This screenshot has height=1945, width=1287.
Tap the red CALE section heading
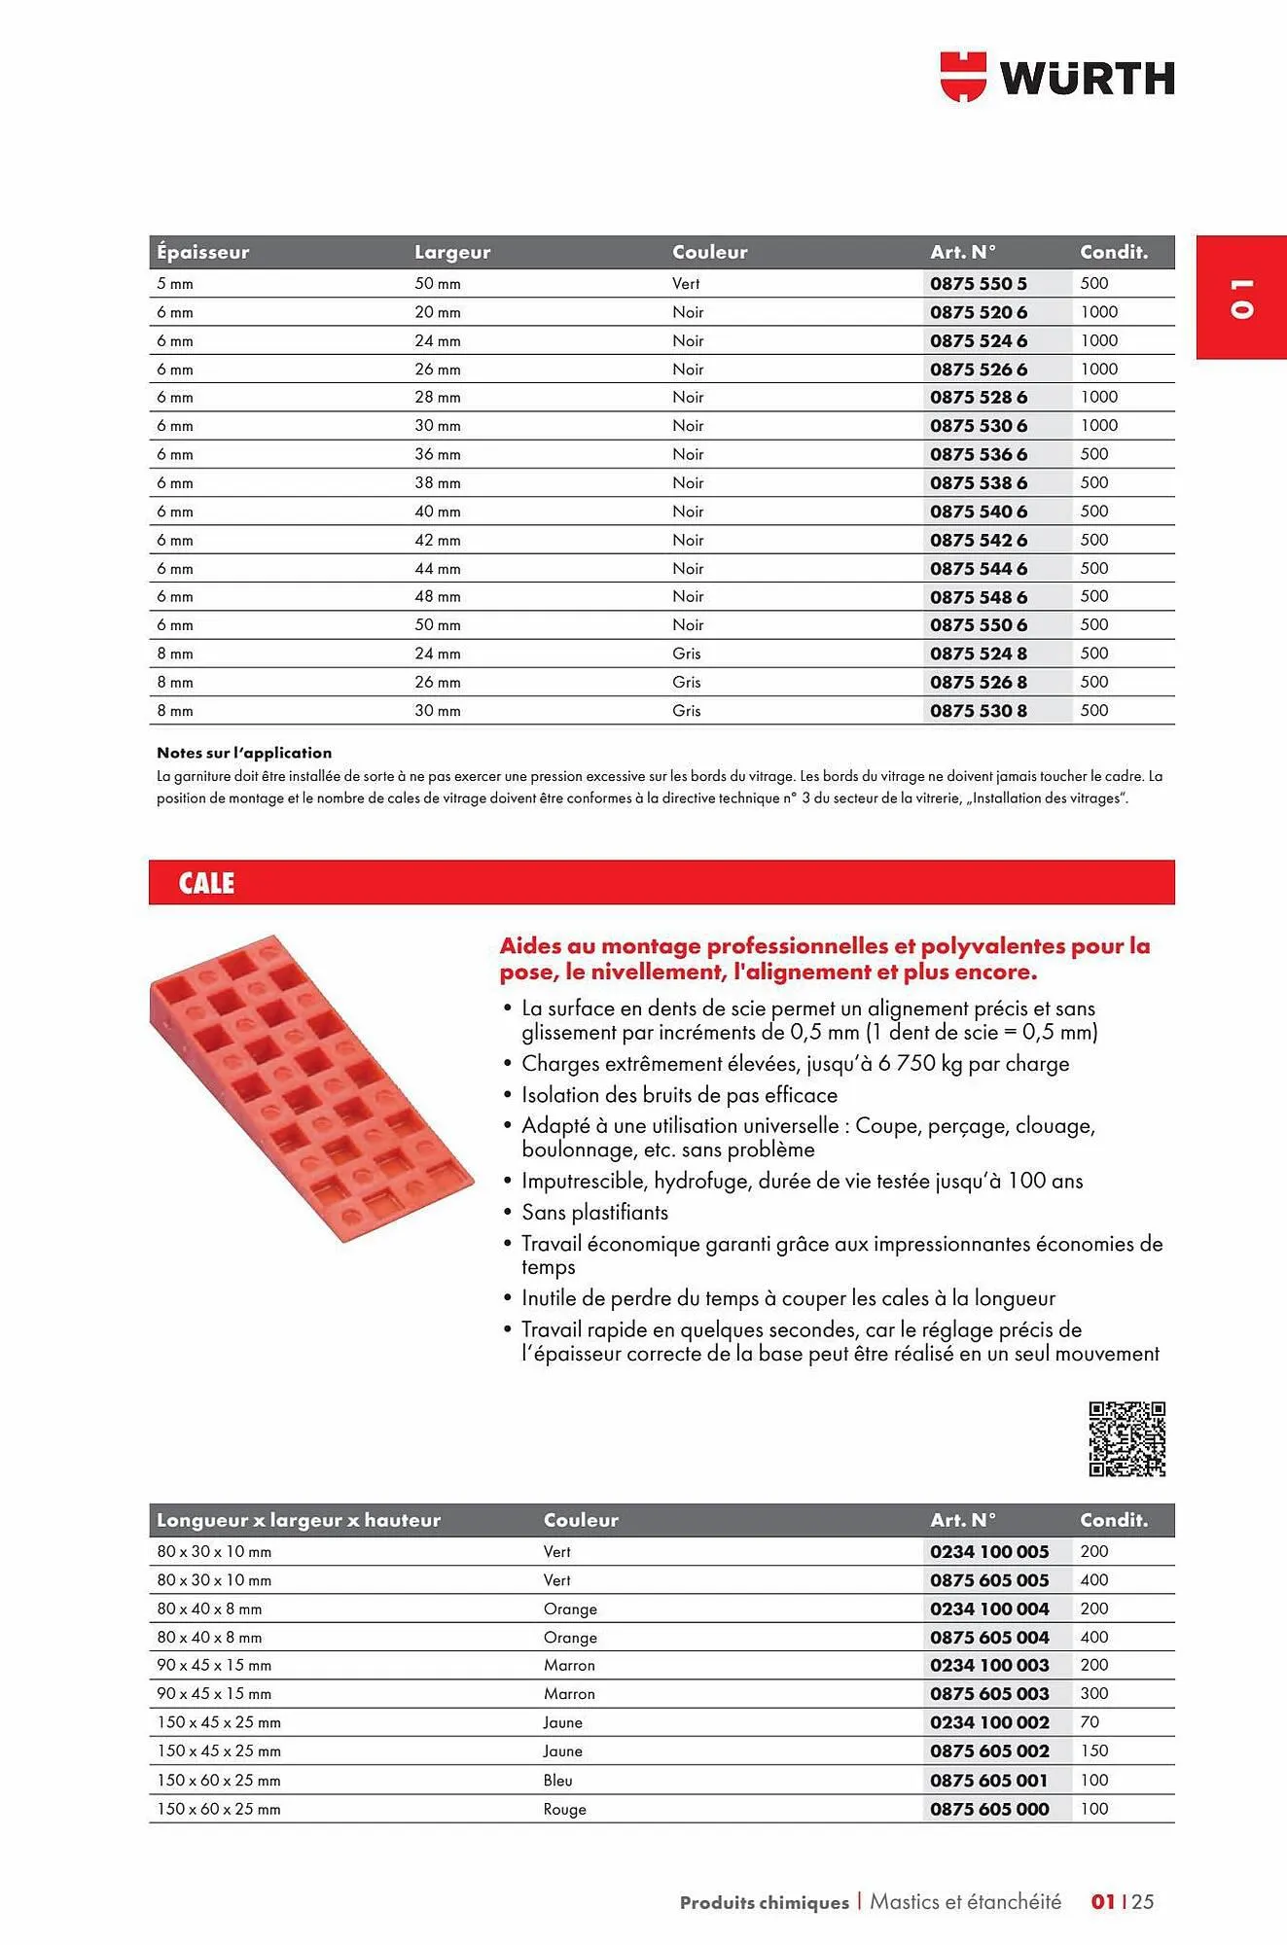point(206,883)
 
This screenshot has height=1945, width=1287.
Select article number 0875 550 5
point(978,284)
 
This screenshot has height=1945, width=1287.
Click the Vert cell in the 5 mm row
point(686,284)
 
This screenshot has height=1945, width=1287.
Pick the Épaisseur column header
point(203,252)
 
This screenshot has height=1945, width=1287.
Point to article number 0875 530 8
point(978,711)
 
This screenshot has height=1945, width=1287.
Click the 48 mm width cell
point(438,597)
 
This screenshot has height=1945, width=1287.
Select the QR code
point(1126,1439)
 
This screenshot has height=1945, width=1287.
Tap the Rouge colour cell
point(564,1810)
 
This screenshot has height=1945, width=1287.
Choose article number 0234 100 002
point(989,1722)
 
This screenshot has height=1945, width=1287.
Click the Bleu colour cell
point(557,1781)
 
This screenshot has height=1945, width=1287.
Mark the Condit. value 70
point(1090,1722)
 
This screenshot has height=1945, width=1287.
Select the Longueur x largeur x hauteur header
point(299,1520)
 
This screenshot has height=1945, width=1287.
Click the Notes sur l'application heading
point(244,753)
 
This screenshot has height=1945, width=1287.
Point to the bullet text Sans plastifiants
point(594,1213)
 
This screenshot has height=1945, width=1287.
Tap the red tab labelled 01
point(1240,298)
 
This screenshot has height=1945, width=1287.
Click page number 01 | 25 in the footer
point(1122,1901)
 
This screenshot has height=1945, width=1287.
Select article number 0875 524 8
point(978,654)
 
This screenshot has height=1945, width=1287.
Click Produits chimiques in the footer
point(764,1902)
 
